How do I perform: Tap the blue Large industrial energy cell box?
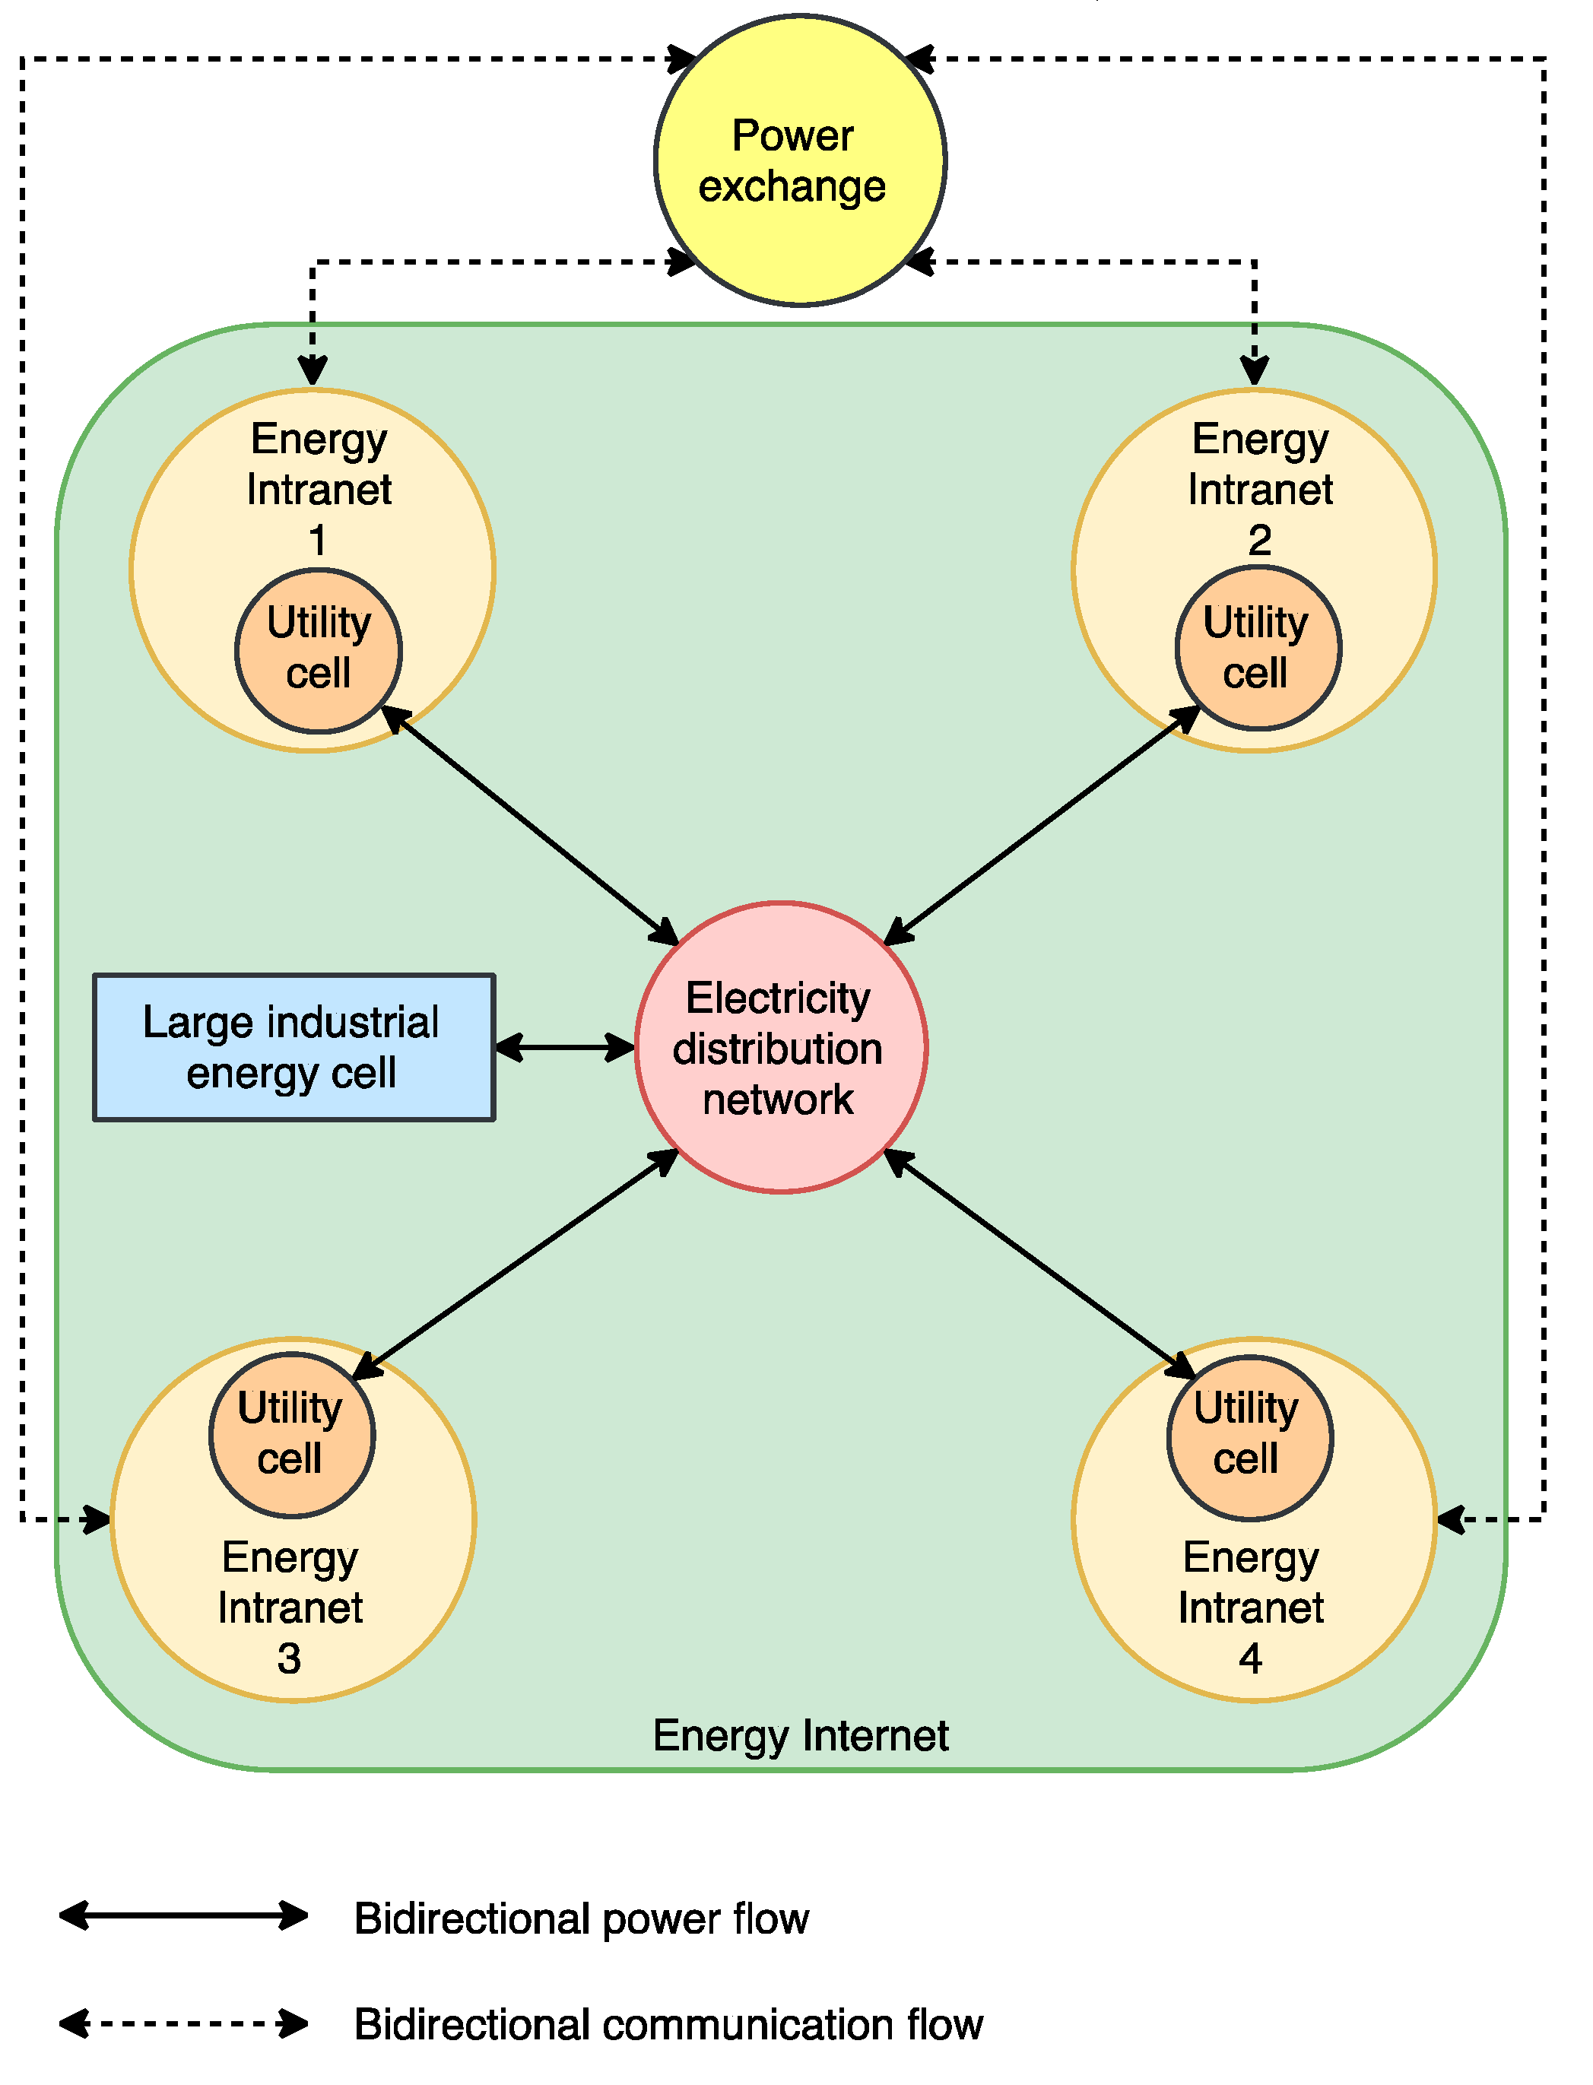[294, 1047]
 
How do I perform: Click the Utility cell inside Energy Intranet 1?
[319, 649]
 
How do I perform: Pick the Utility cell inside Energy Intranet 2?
[1258, 648]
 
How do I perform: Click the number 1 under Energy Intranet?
[318, 541]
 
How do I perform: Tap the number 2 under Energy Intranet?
[1258, 541]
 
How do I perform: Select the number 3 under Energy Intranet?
[289, 1658]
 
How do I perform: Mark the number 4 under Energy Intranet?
[1250, 1658]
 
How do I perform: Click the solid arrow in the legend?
[183, 1915]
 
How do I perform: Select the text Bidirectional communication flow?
[668, 2023]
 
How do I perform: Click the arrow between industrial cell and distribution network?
[564, 1047]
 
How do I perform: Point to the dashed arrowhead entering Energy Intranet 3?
[97, 1519]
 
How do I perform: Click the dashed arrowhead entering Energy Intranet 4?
[1452, 1519]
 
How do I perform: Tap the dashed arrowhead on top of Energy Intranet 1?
[313, 371]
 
